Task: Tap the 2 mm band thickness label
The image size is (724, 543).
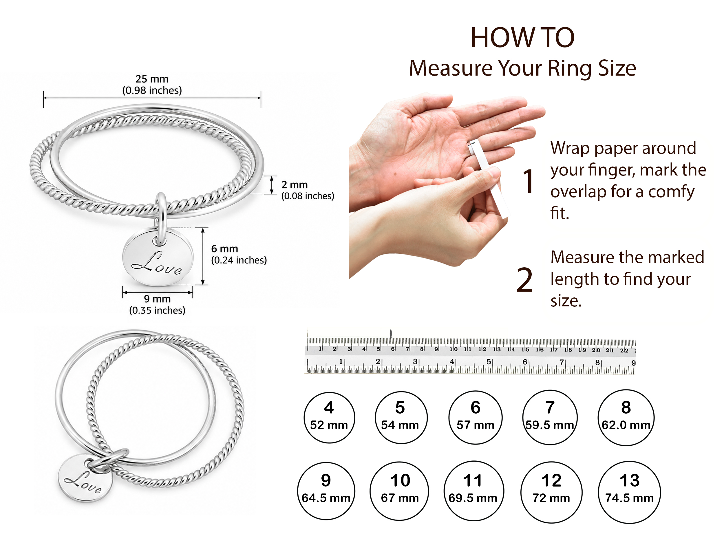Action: tap(308, 190)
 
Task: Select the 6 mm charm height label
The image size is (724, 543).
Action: tap(239, 254)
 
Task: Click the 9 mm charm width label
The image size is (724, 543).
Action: tap(157, 304)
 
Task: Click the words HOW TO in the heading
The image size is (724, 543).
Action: tap(523, 38)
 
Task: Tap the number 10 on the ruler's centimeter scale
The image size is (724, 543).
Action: tap(453, 349)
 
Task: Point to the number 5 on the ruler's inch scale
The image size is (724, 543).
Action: tap(489, 362)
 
